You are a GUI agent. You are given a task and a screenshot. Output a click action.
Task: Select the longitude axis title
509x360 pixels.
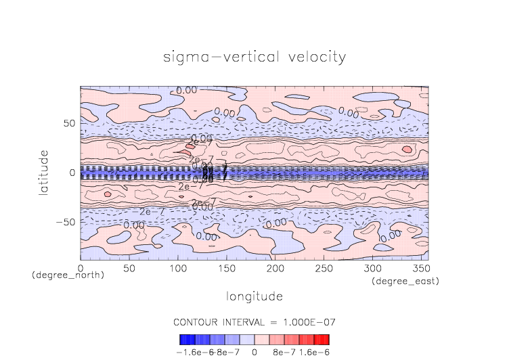pyautogui.click(x=255, y=296)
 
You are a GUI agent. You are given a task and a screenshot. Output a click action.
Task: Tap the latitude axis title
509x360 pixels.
pyautogui.click(x=44, y=173)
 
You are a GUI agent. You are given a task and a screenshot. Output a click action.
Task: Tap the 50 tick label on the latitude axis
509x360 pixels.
pyautogui.click(x=68, y=124)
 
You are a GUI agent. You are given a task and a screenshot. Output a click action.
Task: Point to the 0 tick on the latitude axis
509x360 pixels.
pyautogui.click(x=72, y=173)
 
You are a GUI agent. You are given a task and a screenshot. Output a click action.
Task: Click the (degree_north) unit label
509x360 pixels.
pyautogui.click(x=60, y=275)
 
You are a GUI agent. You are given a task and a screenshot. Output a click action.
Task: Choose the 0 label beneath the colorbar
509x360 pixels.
pyautogui.click(x=255, y=352)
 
